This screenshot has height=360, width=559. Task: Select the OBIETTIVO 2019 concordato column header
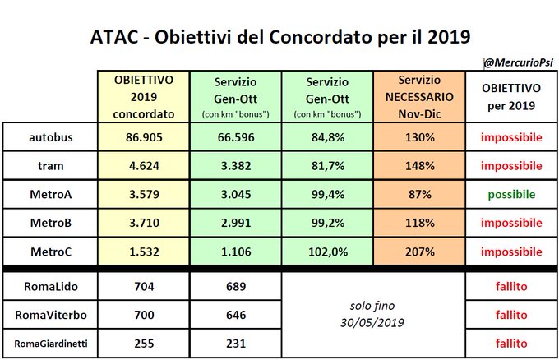pos(143,97)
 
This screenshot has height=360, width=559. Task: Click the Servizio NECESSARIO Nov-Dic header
pos(418,96)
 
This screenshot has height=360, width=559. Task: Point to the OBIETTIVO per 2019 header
pos(510,97)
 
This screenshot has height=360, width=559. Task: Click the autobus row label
pos(51,137)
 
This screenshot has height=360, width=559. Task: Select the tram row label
pos(51,165)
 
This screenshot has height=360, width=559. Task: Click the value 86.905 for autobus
pos(143,137)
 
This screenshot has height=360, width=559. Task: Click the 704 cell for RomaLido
pos(143,286)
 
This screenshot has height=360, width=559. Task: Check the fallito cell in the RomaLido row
pos(510,286)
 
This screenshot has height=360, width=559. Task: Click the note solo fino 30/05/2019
pos(372,314)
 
